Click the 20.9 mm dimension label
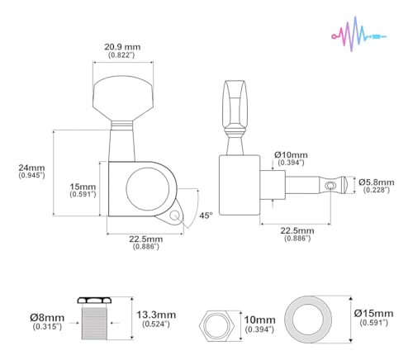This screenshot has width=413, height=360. [x=122, y=47]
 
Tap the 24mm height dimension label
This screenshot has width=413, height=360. [x=31, y=168]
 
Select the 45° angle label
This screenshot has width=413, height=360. [x=206, y=216]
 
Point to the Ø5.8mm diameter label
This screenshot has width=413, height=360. [x=376, y=182]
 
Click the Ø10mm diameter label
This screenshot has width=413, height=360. [x=291, y=154]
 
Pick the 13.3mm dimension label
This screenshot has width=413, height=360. [x=156, y=315]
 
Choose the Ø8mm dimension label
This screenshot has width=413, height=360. [x=47, y=318]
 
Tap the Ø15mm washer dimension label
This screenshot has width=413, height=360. [x=373, y=313]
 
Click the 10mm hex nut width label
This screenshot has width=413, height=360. [x=259, y=320]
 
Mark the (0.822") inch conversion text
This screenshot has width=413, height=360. [x=121, y=55]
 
